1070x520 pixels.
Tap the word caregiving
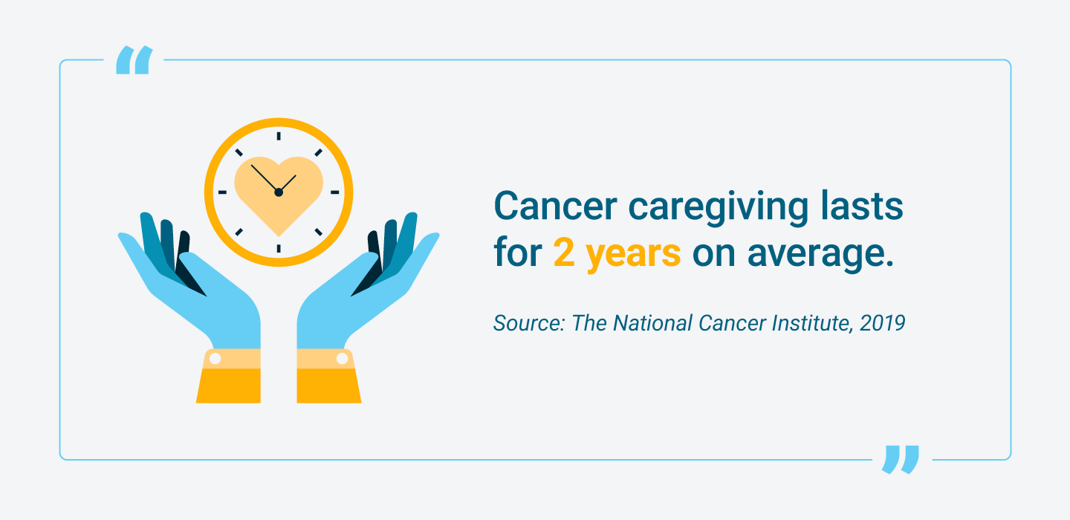[701, 208]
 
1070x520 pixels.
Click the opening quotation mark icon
[134, 60]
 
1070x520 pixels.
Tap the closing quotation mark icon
[901, 459]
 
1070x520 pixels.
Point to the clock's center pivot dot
[279, 192]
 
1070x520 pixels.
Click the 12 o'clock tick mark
[279, 136]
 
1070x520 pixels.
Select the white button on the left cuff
[215, 359]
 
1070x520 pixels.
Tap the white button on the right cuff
[343, 359]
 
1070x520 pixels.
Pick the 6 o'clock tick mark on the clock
[279, 248]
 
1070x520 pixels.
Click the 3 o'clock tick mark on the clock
[334, 192]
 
